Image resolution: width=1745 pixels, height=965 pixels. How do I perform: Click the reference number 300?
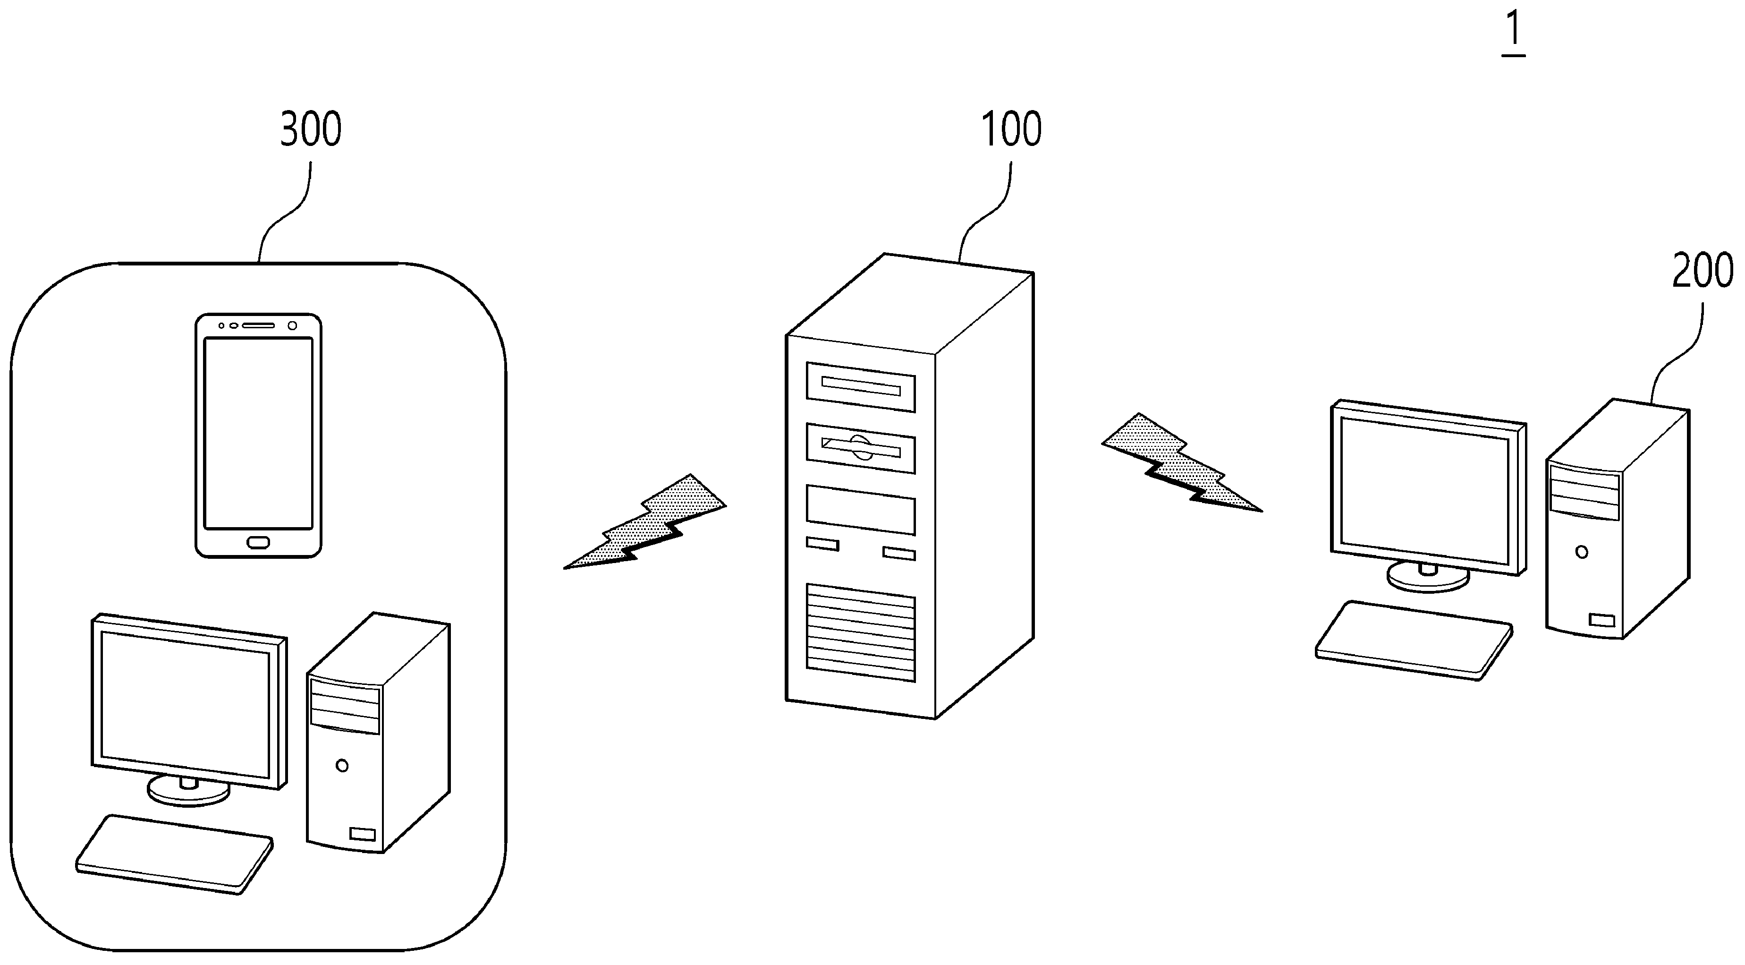[311, 129]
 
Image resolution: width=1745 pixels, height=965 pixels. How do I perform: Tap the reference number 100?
[1011, 129]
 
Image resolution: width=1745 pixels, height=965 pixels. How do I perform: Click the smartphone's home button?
[258, 542]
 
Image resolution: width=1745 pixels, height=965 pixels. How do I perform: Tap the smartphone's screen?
[258, 433]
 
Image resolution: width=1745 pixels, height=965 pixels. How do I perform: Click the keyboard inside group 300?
[174, 854]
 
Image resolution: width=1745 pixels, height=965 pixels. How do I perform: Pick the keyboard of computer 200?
[1414, 640]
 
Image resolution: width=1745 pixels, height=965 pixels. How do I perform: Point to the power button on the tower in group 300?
[342, 766]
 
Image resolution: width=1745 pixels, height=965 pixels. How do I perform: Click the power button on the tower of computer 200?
[1582, 552]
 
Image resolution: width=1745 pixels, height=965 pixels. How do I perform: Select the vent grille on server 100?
[860, 632]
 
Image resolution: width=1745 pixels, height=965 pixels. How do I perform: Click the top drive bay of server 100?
[860, 387]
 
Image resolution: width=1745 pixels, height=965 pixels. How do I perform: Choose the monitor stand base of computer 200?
[1429, 577]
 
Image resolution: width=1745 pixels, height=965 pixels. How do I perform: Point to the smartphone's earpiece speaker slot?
[258, 325]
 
